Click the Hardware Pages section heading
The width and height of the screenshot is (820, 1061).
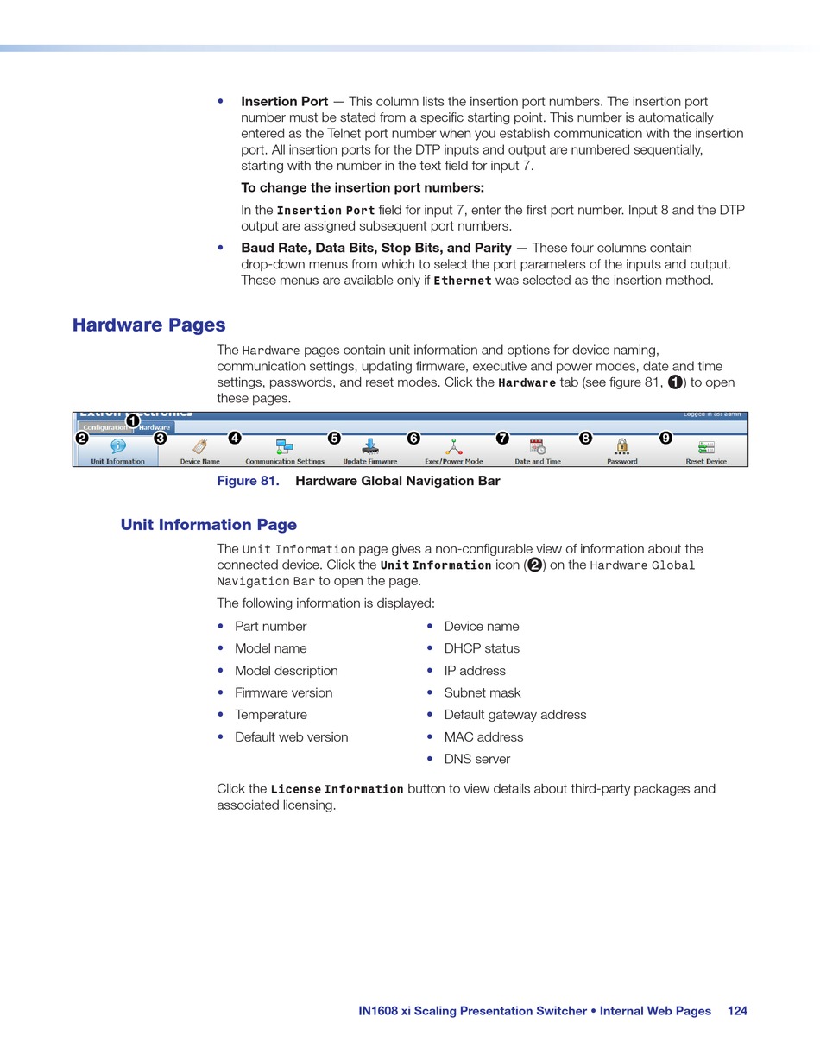(x=148, y=325)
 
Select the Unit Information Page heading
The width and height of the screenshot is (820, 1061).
(x=208, y=525)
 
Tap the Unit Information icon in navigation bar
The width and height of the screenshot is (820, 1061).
(x=118, y=446)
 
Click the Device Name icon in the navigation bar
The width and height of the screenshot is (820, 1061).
(x=199, y=446)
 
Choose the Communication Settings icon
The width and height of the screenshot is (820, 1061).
(x=284, y=446)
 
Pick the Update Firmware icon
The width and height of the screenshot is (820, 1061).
(x=370, y=446)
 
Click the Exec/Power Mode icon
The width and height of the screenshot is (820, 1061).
(x=453, y=446)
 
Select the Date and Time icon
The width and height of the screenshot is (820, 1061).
(x=538, y=446)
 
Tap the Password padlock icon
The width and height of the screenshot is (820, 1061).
(x=621, y=446)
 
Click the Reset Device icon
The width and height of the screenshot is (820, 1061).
(x=706, y=446)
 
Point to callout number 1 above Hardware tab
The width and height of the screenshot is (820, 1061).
(x=133, y=420)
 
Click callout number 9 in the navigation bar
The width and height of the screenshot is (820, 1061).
(x=665, y=438)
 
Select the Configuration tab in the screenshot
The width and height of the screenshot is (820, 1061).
(x=105, y=427)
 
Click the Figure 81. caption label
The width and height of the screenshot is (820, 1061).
(x=248, y=481)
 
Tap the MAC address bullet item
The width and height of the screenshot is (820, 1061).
(x=483, y=737)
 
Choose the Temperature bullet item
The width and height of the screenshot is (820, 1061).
(x=270, y=715)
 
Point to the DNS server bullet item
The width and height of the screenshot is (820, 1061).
(x=476, y=760)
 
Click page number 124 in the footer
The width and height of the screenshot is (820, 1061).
(x=737, y=1011)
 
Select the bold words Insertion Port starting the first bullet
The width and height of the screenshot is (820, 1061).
(x=284, y=102)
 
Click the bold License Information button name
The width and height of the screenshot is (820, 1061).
(x=337, y=789)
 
